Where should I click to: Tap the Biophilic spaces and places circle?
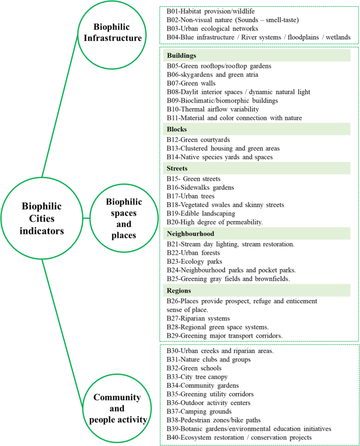pyautogui.click(x=125, y=218)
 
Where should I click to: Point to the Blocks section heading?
pyautogui.click(x=177, y=129)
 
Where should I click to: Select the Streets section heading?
pyautogui.click(x=178, y=168)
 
